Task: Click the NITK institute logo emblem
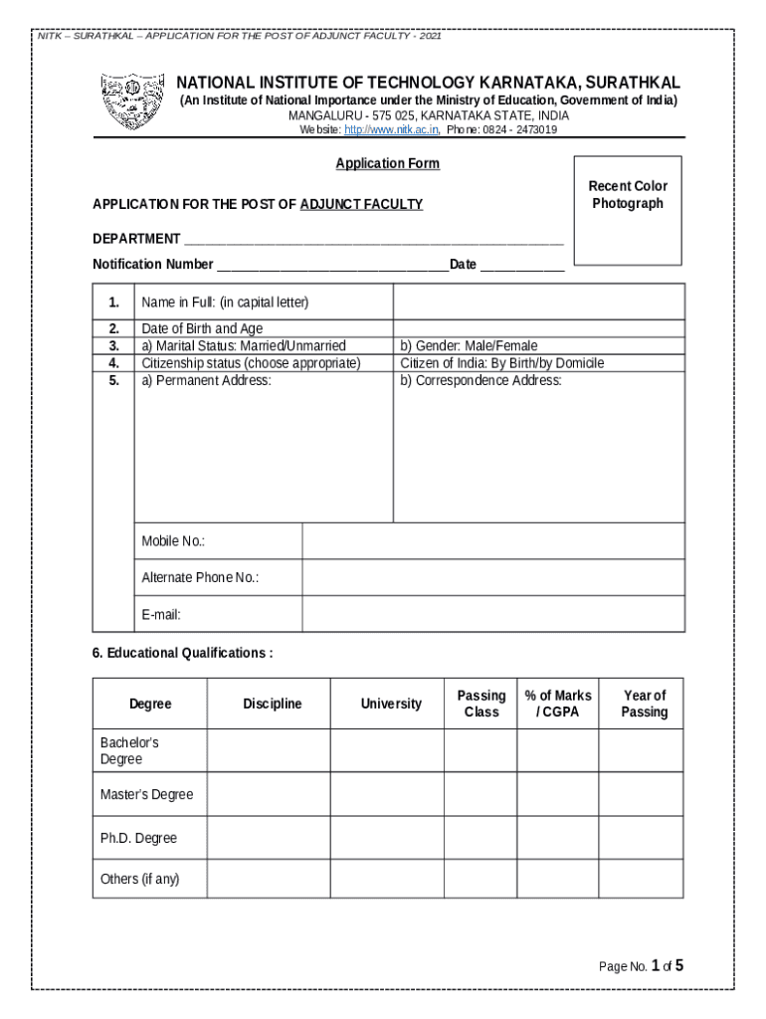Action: pos(132,102)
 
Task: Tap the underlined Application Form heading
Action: pos(387,164)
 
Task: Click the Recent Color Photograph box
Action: pos(628,210)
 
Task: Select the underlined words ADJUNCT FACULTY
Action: pos(361,205)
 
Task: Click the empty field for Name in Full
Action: pos(538,302)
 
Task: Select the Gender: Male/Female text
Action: pos(469,346)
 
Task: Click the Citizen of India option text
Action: pos(501,363)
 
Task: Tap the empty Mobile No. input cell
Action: pos(492,541)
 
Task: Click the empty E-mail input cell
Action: pos(492,614)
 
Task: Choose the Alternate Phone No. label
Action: pos(200,578)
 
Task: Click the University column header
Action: pos(391,705)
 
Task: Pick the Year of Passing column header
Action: pos(644,705)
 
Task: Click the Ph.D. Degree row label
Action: pos(138,839)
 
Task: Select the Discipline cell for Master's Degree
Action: pos(269,795)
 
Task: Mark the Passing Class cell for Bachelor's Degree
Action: pos(479,751)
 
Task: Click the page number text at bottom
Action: pos(641,966)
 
